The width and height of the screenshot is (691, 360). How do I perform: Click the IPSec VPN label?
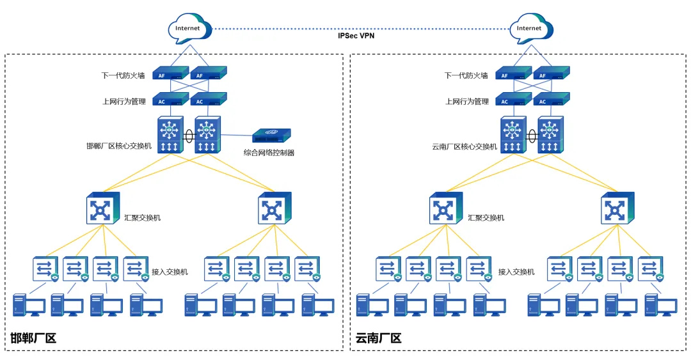coord(356,36)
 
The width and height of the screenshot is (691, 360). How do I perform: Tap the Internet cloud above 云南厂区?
coord(529,29)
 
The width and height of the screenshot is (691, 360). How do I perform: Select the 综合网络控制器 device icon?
coord(271,136)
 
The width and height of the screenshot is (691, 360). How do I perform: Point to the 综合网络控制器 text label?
coord(269,153)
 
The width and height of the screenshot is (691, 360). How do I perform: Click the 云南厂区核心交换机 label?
coord(465,146)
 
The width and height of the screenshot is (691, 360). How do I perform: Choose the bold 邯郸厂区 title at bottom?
coord(33,338)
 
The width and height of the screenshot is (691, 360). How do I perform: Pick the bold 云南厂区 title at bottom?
coord(378,338)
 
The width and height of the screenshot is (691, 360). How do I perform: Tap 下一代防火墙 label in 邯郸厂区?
coord(123,75)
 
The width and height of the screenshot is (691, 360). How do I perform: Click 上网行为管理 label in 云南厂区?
coord(467,102)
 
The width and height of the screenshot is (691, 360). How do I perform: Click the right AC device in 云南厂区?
coord(550,101)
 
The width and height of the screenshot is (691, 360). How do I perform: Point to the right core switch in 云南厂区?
coord(550,135)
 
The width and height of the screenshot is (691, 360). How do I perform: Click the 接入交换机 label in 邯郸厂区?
coord(170,272)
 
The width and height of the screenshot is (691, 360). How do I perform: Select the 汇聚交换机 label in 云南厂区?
coord(486,218)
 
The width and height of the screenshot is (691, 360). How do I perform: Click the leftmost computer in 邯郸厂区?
coord(28,305)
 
